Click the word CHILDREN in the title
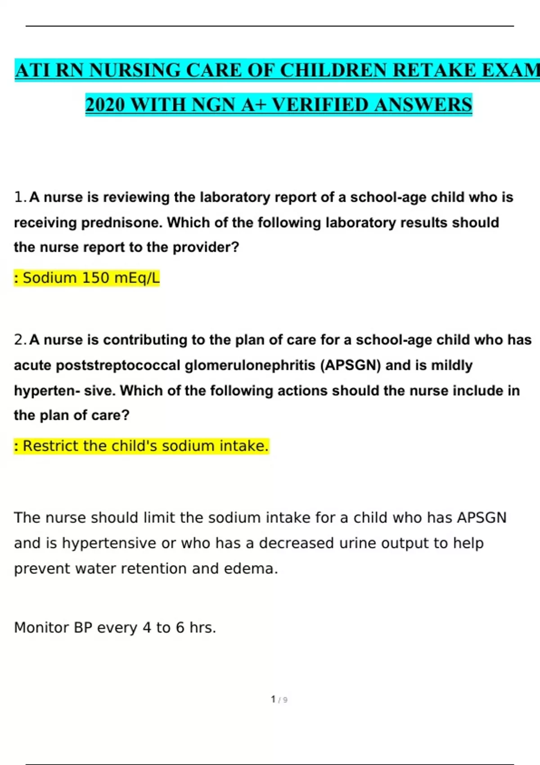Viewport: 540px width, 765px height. (333, 71)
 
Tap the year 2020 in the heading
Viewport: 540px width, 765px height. (105, 105)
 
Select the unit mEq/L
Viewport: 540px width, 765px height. (137, 278)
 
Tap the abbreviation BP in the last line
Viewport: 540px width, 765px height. (83, 627)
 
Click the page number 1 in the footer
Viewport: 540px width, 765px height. (273, 699)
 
